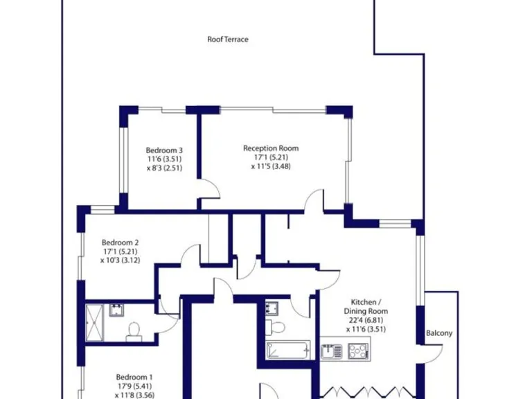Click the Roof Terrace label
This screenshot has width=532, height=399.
227,39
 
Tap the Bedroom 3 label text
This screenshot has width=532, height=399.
164,150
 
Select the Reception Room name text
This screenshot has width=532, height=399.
270,148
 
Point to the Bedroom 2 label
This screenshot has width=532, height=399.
121,242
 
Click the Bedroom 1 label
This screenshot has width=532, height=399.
134,378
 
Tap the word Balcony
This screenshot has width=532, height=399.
439,333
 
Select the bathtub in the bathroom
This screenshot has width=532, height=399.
287,351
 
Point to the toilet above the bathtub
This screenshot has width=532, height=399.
278,326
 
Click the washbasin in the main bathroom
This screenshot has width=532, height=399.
271,307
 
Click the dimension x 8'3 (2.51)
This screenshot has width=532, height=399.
164,168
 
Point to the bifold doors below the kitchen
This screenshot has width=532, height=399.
366,392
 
